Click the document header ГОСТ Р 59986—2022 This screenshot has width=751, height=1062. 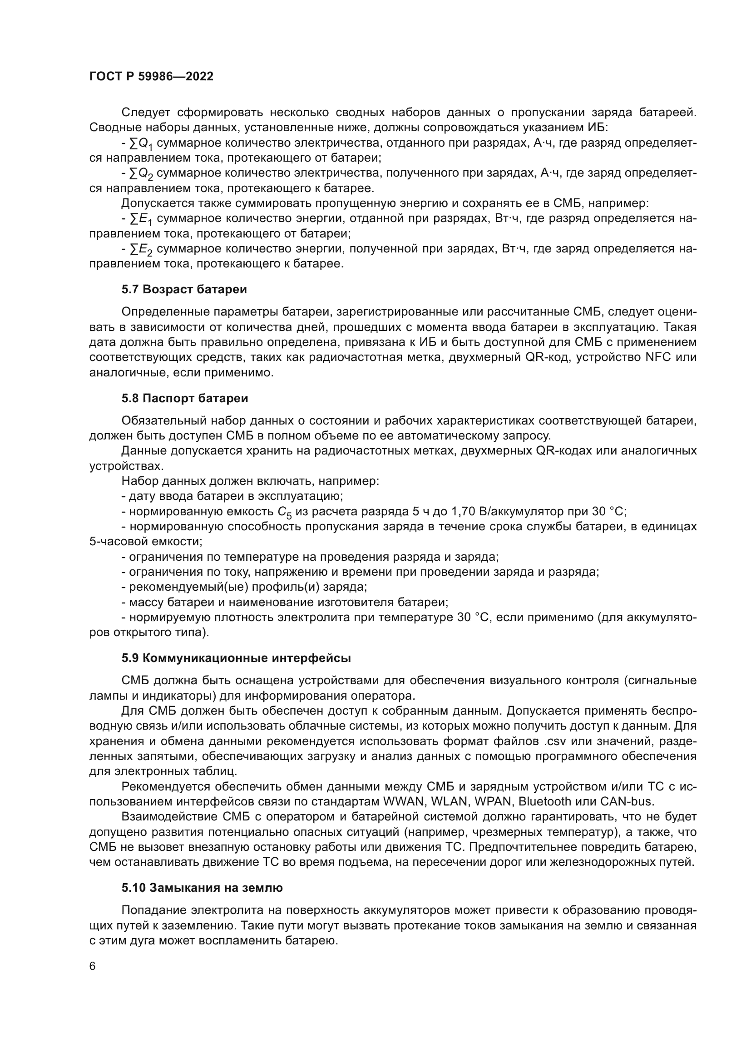tap(151, 77)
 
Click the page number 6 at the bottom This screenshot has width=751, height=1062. tap(93, 966)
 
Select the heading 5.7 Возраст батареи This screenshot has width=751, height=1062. tap(184, 290)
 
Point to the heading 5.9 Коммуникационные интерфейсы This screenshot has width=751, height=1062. tap(236, 658)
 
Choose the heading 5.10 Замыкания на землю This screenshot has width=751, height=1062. tap(202, 888)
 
